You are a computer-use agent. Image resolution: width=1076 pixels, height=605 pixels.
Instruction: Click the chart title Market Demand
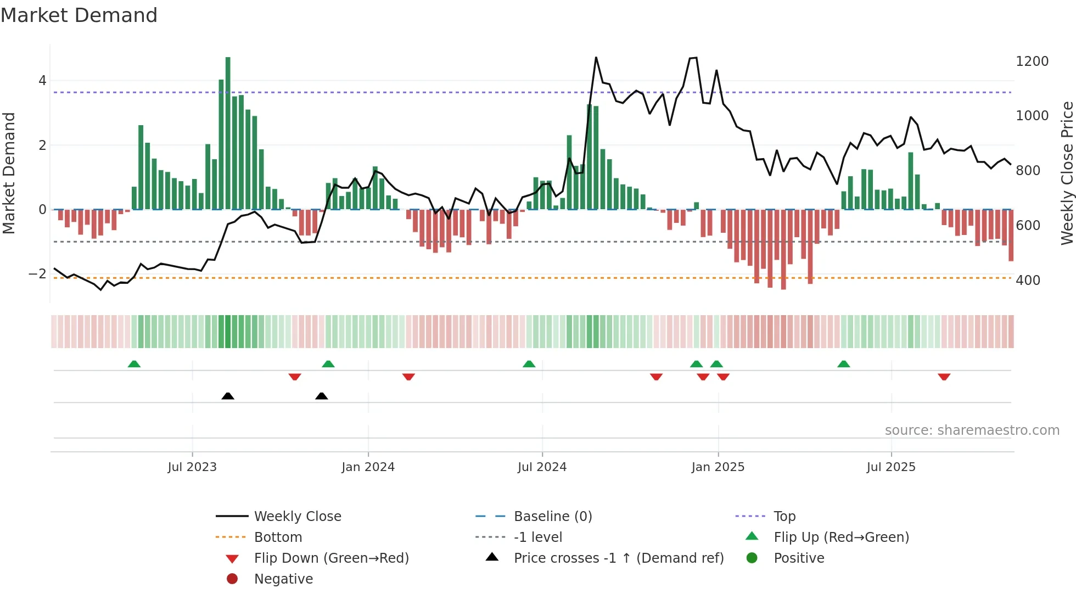coord(79,15)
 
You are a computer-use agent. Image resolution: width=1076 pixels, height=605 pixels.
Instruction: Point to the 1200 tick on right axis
coord(1032,61)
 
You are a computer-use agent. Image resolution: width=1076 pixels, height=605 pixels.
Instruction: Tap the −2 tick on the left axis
coord(37,273)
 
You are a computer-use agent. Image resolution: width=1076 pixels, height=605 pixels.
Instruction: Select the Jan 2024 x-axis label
coord(368,467)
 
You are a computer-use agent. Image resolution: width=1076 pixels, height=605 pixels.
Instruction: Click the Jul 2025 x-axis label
coord(891,467)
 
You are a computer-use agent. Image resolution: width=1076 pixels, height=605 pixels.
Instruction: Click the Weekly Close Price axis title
coord(1067,173)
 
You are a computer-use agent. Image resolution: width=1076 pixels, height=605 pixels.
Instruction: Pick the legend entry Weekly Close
coord(298,516)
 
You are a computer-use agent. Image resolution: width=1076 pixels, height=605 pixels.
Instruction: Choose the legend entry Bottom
coord(278,537)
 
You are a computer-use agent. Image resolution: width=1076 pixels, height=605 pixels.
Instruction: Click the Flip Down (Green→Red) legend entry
coord(331,558)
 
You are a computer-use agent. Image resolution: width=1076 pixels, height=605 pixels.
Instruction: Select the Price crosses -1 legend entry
coord(619,558)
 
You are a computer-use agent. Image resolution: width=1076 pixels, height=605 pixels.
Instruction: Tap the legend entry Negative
coord(283,579)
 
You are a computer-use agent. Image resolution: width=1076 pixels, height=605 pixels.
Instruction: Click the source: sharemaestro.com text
coord(972,430)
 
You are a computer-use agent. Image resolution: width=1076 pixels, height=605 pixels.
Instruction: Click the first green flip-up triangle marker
coord(134,364)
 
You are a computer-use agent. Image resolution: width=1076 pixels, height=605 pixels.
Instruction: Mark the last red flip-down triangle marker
coord(944,377)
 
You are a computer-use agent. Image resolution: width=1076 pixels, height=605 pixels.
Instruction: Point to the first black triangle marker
coord(228,396)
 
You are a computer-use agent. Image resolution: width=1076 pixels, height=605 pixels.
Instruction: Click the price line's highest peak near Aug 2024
coord(596,58)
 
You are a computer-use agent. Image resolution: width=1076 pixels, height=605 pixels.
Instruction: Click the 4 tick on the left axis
coord(42,81)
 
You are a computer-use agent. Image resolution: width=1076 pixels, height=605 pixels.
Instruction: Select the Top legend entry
coord(784,516)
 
